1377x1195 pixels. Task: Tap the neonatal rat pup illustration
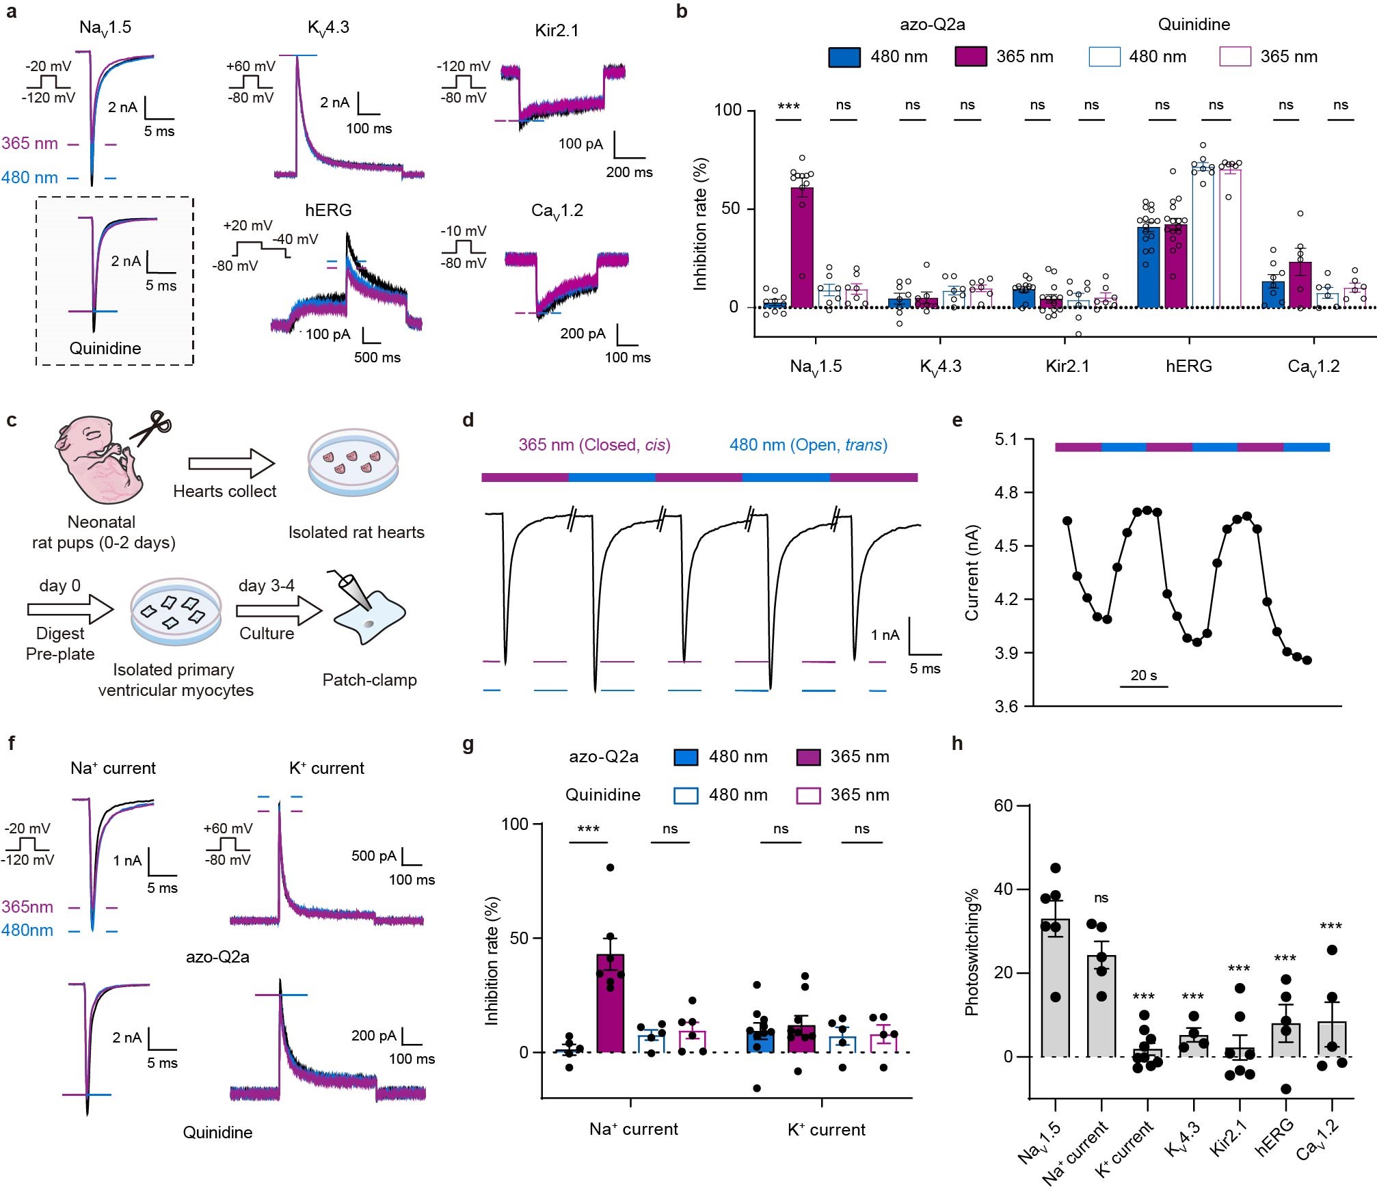pyautogui.click(x=101, y=462)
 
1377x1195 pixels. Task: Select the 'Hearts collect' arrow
pyautogui.click(x=231, y=464)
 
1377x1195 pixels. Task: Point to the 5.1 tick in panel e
pyautogui.click(x=1006, y=440)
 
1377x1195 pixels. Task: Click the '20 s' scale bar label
pyautogui.click(x=1143, y=675)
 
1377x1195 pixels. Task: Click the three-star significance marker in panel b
pyautogui.click(x=788, y=106)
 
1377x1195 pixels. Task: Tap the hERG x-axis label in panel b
pyautogui.click(x=1188, y=366)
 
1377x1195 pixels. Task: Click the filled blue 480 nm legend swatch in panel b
pyautogui.click(x=844, y=57)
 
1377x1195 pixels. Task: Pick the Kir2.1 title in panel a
pyautogui.click(x=557, y=31)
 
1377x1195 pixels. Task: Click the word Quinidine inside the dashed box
pyautogui.click(x=105, y=349)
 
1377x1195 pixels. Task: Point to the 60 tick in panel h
pyautogui.click(x=1003, y=806)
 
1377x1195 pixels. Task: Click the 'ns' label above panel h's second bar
pyautogui.click(x=1101, y=898)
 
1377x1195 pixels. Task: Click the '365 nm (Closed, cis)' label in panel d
pyautogui.click(x=594, y=445)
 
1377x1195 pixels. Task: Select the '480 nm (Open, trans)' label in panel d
pyautogui.click(x=808, y=445)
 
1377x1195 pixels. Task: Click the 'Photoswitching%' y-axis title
pyautogui.click(x=972, y=952)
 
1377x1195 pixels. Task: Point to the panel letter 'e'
pyautogui.click(x=957, y=420)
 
